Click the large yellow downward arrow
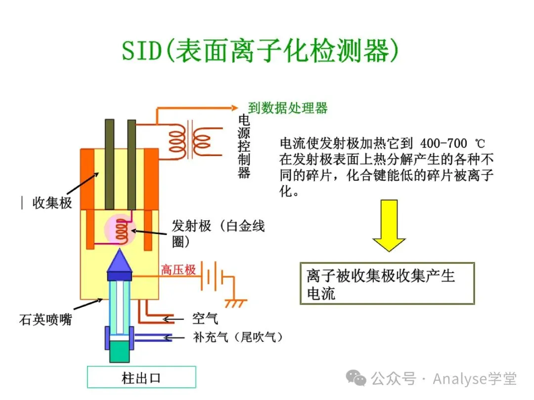click(389, 225)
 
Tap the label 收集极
click(52, 203)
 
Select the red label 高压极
click(178, 270)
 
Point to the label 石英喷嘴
click(45, 320)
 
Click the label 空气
click(205, 319)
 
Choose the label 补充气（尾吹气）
click(238, 337)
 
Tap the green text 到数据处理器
click(288, 108)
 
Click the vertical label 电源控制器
click(244, 146)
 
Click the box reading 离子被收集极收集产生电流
click(387, 283)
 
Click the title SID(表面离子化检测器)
click(260, 51)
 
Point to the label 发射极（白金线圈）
click(218, 233)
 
